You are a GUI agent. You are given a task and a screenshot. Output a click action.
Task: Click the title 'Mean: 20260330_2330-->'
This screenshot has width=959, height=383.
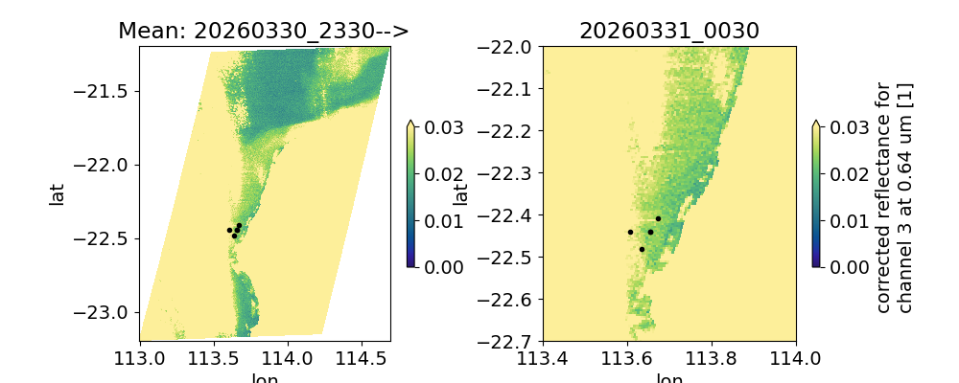264,31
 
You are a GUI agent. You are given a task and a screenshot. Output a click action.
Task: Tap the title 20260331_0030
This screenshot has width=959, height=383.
669,31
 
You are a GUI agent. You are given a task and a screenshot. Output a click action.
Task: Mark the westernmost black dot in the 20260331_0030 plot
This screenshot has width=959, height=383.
630,232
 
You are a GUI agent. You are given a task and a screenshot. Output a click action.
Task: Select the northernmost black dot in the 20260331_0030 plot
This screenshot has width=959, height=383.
658,219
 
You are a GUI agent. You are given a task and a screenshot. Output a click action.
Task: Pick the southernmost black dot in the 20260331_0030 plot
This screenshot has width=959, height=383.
642,249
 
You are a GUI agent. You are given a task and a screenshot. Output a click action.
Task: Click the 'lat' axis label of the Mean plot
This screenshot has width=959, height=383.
58,193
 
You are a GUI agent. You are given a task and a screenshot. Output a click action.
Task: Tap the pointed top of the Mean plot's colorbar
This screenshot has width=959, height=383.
410,123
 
